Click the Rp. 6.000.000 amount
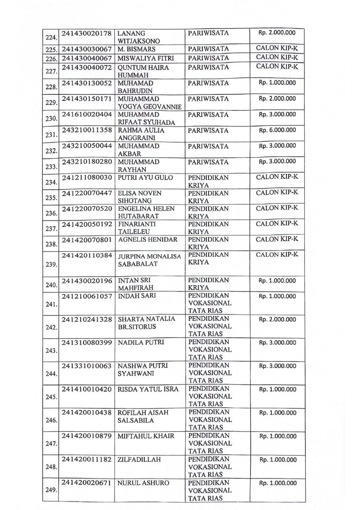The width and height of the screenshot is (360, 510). (x=277, y=130)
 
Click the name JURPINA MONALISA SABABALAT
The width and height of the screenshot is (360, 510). (x=149, y=260)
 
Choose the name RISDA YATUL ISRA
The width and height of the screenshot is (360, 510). (x=146, y=389)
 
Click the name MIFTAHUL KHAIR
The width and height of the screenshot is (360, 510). (x=146, y=436)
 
